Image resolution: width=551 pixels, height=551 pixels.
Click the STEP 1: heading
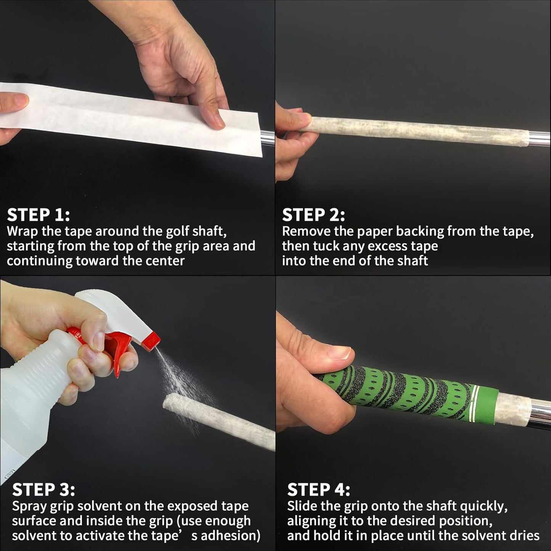(x=39, y=215)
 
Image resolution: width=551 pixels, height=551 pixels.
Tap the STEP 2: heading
(x=313, y=215)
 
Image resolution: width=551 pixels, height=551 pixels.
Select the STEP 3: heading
(x=43, y=490)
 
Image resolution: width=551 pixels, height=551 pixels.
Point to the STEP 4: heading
(x=318, y=490)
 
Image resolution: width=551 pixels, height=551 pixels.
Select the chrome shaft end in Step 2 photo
(x=540, y=138)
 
